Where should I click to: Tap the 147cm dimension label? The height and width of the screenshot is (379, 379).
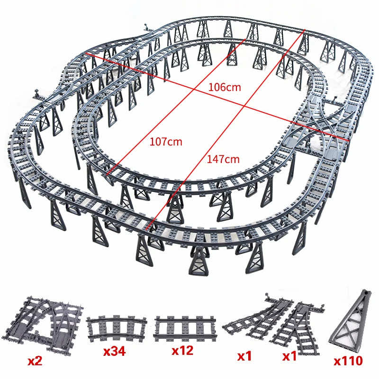click(x=223, y=159)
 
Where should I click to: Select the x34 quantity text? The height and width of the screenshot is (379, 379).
click(x=117, y=352)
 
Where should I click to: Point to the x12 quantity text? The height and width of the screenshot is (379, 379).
click(x=182, y=352)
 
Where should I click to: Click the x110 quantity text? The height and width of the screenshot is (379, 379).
click(x=348, y=361)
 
